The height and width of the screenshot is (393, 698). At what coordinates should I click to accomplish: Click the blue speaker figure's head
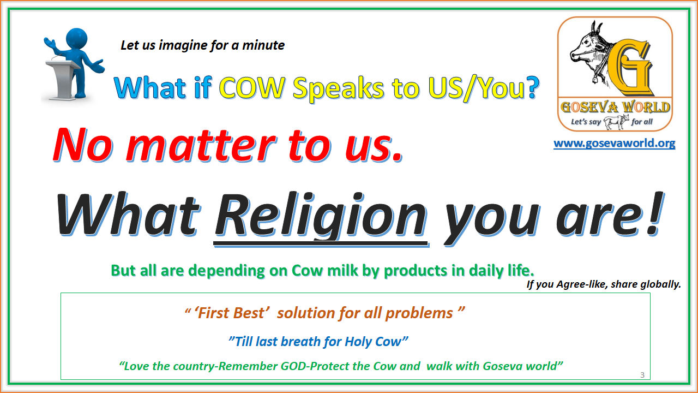[76, 40]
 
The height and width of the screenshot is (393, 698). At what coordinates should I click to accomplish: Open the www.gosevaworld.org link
[614, 144]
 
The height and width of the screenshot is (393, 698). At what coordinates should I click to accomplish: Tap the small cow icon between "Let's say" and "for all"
[616, 121]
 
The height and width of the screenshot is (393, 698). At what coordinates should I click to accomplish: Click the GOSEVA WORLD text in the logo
[614, 106]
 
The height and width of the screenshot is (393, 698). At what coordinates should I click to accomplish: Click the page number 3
[642, 375]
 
